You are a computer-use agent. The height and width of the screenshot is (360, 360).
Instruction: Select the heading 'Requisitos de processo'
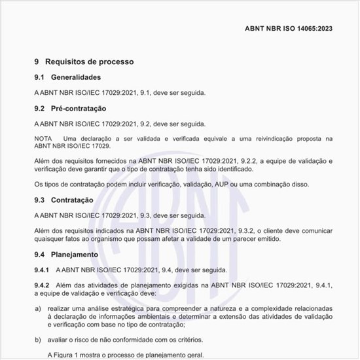[x=89, y=62]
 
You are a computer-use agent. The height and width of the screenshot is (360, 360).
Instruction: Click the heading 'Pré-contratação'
[x=79, y=108]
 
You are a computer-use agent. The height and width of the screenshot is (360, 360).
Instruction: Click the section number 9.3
[x=39, y=200]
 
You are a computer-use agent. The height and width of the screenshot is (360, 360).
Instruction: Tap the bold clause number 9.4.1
[x=42, y=270]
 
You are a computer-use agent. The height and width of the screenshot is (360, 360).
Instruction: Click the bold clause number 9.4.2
[x=42, y=285]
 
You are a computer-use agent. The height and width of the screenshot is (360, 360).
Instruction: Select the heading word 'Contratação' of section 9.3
[x=73, y=200]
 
